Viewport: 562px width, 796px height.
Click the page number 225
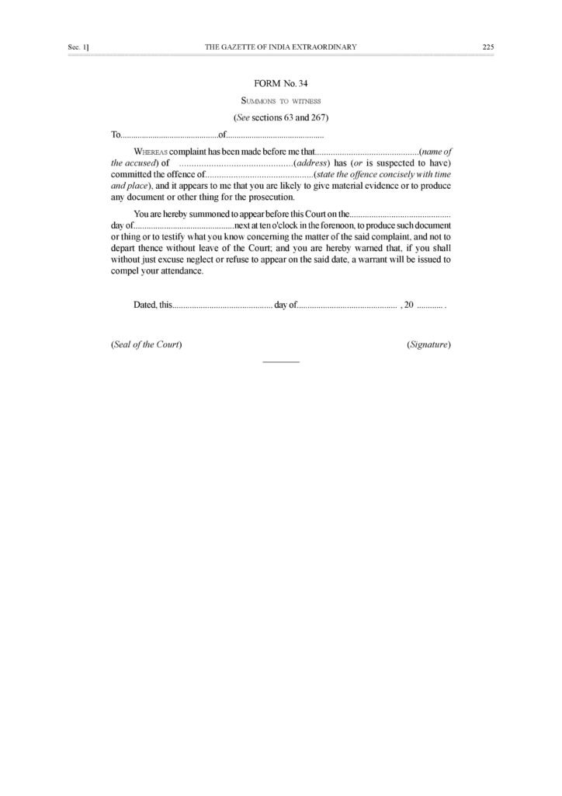487,47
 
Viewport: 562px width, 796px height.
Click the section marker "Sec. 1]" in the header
78,47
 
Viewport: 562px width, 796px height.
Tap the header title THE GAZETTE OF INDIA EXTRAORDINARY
280,47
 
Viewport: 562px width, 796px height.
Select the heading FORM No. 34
280,82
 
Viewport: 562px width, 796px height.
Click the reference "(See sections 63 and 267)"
280,117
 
